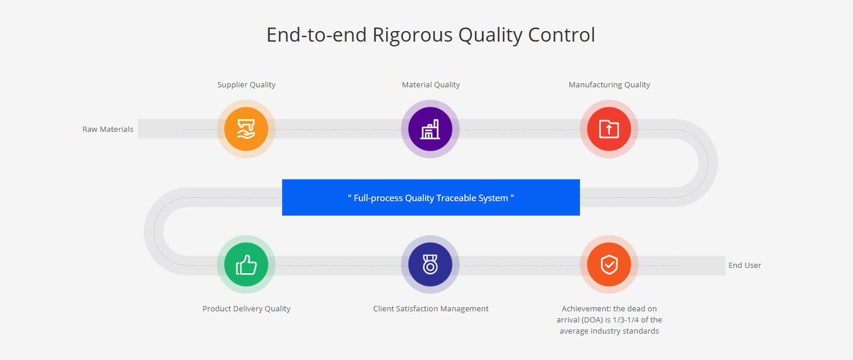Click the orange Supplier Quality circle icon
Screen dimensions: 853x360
[x=246, y=129]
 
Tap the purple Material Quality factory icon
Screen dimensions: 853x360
[x=430, y=129]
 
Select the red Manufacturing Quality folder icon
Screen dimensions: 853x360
[x=609, y=129]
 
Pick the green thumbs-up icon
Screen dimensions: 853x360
[x=246, y=264]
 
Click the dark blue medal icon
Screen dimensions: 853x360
[x=430, y=264]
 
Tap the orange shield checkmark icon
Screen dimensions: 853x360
[x=609, y=264]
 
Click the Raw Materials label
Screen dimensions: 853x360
[x=108, y=129]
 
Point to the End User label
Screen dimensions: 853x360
[x=745, y=265]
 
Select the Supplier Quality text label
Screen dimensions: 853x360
[x=246, y=84]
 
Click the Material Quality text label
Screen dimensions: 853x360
[x=431, y=84]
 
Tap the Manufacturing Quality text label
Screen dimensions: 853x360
[x=609, y=84]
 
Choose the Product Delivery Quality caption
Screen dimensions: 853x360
[x=246, y=308]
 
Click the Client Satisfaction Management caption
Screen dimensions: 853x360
[x=431, y=308]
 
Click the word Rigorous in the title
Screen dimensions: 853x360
[x=412, y=35]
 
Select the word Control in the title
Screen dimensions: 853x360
[x=561, y=35]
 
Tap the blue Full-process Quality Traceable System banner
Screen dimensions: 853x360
[x=431, y=198]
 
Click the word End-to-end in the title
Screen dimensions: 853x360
[x=317, y=35]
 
